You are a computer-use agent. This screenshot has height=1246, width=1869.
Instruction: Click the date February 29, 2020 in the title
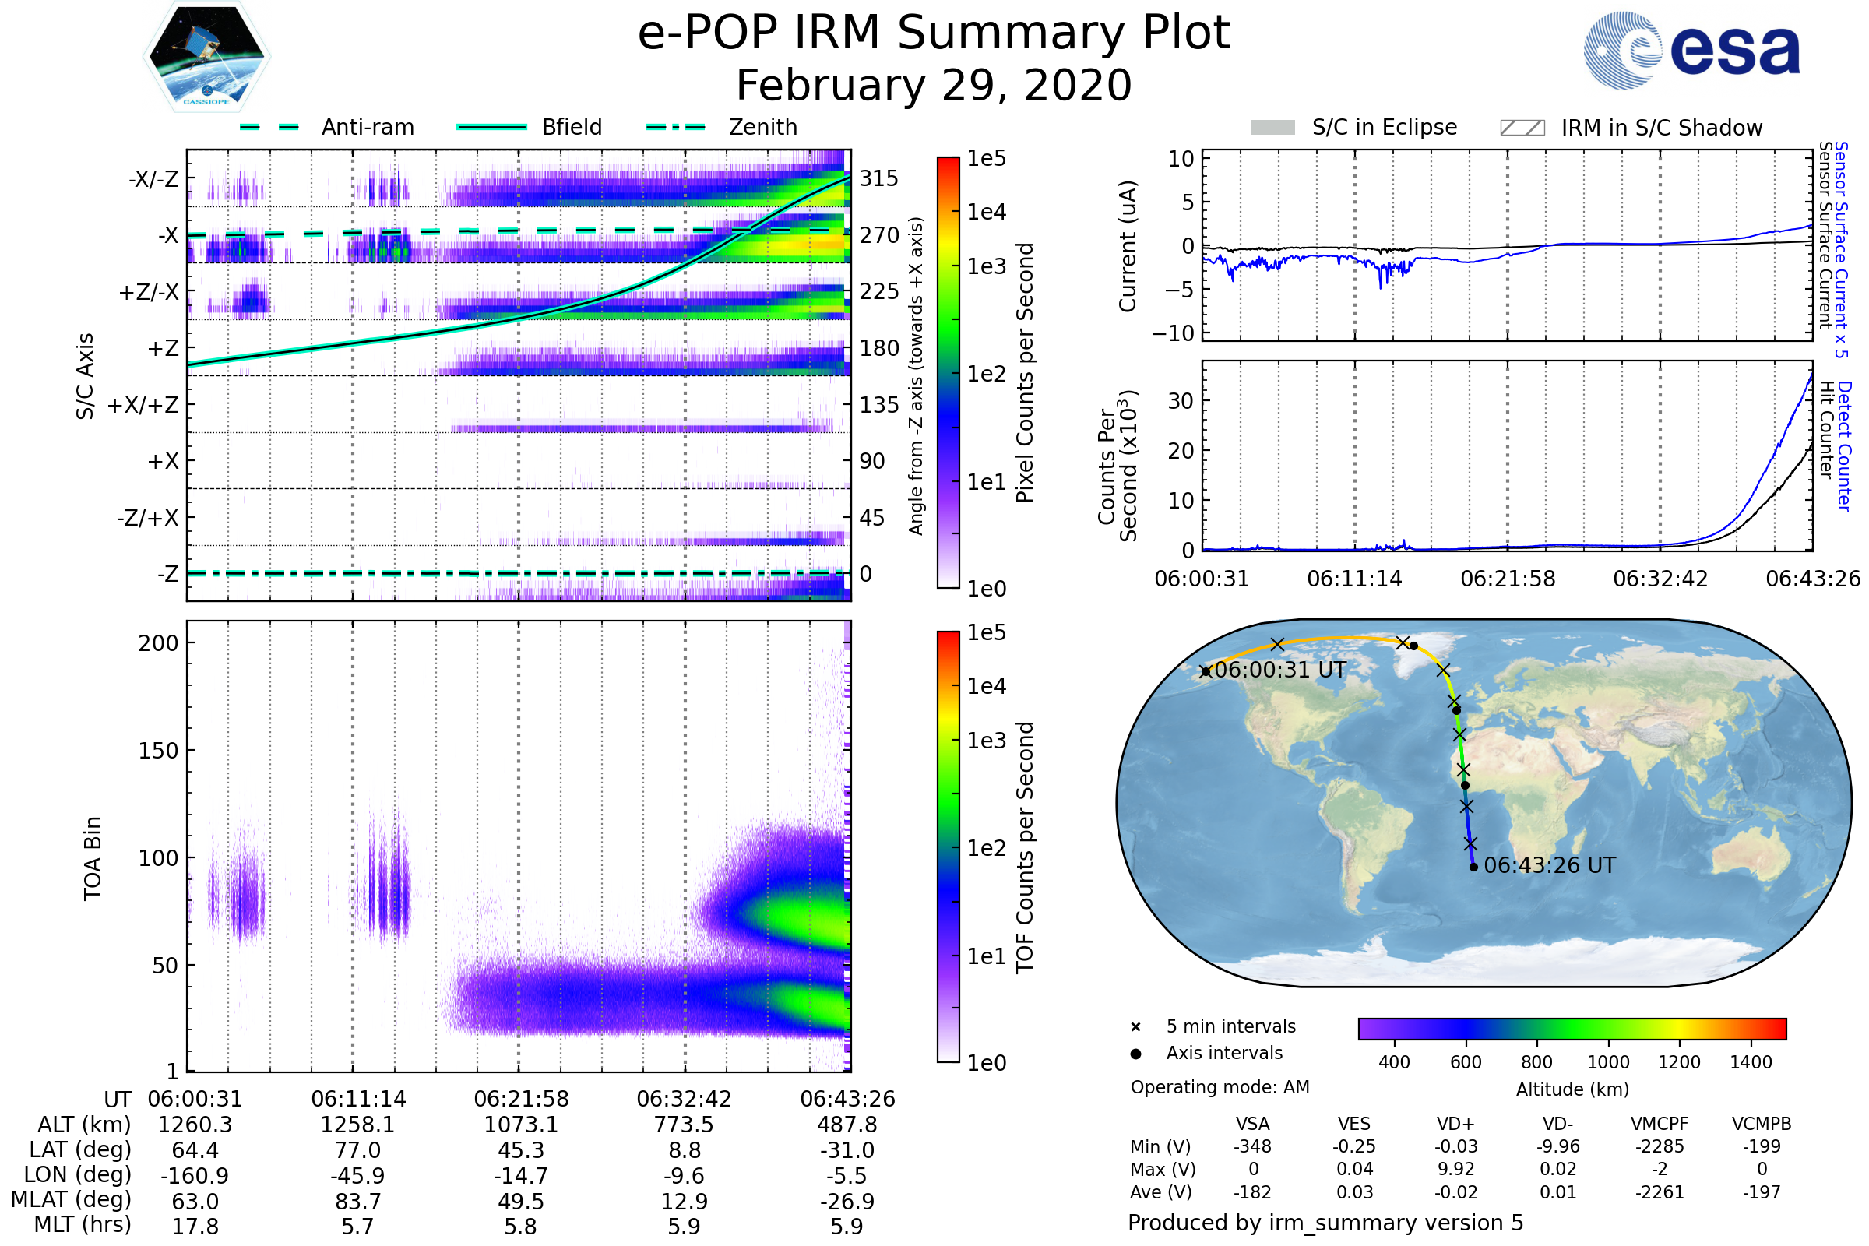[x=934, y=85]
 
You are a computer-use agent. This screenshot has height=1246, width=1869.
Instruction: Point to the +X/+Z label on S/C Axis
[x=143, y=405]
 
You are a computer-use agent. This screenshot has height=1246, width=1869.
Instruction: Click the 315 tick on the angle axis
[x=878, y=179]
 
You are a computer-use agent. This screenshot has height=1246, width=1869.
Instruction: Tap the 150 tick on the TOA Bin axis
[x=158, y=751]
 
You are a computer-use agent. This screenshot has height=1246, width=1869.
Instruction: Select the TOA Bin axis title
[x=93, y=857]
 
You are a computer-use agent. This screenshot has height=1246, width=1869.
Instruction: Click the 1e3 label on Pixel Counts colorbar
[x=986, y=267]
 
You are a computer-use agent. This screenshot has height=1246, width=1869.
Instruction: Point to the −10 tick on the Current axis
[x=1173, y=333]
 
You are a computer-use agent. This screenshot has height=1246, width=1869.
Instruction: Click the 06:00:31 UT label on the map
[x=1279, y=670]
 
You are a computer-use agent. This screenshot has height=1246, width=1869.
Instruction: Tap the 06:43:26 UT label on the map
[x=1550, y=865]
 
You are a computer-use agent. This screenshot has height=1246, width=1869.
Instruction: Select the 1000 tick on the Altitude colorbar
[x=1607, y=1062]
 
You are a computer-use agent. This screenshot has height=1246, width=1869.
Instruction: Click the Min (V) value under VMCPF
[x=1660, y=1146]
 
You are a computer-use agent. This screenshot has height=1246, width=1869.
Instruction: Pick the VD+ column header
[x=1455, y=1124]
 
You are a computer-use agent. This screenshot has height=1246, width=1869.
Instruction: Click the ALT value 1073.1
[x=520, y=1125]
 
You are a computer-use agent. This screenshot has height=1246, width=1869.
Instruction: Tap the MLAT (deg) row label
[x=71, y=1200]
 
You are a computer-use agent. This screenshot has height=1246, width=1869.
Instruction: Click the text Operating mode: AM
[x=1220, y=1087]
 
